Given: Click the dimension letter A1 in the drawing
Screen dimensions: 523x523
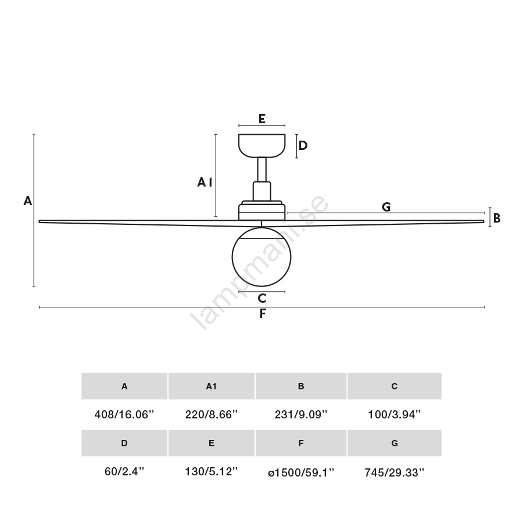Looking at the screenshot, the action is click(x=205, y=182).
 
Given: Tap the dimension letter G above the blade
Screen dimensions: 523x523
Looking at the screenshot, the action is click(x=386, y=207).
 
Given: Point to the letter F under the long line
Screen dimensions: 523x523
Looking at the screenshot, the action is click(x=263, y=314).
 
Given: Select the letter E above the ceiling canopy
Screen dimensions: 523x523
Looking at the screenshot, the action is click(x=262, y=119).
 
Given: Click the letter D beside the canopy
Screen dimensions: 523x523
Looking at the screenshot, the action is click(x=303, y=145).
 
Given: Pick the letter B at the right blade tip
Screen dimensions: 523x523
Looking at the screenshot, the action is click(x=497, y=218).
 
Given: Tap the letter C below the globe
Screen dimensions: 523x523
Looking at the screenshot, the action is click(x=262, y=298).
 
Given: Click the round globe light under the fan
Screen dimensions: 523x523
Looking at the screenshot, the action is click(x=261, y=257).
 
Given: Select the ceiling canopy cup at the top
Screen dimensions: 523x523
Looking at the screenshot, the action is click(x=262, y=146).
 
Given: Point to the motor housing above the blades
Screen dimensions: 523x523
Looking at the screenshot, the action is click(x=262, y=210).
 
